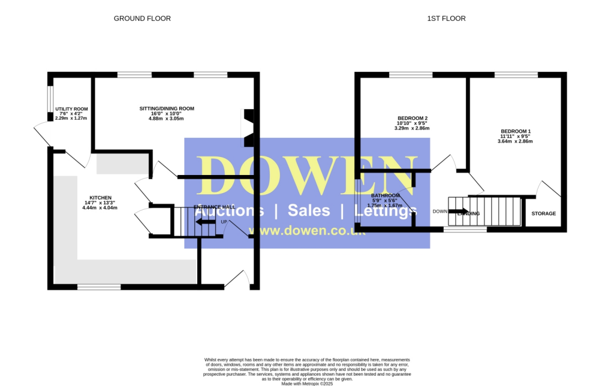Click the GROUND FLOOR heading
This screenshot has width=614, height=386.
pyautogui.click(x=142, y=19)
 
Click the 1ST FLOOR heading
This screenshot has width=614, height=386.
pyautogui.click(x=446, y=19)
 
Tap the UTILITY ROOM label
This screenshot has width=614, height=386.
pyautogui.click(x=71, y=109)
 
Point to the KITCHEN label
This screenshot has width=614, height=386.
pyautogui.click(x=100, y=198)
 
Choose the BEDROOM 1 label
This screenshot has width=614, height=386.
pyautogui.click(x=515, y=131)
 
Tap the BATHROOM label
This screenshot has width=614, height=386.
pyautogui.click(x=385, y=195)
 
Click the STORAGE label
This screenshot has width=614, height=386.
pyautogui.click(x=543, y=213)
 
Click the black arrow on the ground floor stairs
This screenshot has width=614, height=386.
pyautogui.click(x=206, y=222)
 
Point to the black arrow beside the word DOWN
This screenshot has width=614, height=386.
pyautogui.click(x=458, y=211)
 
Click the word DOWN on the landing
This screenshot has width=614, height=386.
pyautogui.click(x=440, y=211)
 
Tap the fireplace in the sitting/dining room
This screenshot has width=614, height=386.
pyautogui.click(x=248, y=127)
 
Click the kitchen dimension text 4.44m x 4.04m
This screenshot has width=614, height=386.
pyautogui.click(x=100, y=208)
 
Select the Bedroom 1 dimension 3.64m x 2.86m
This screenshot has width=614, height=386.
pyautogui.click(x=515, y=141)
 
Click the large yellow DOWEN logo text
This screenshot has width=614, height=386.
pyautogui.click(x=307, y=176)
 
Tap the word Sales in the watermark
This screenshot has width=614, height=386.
pyautogui.click(x=309, y=210)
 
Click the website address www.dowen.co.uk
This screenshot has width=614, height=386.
pyautogui.click(x=307, y=231)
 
